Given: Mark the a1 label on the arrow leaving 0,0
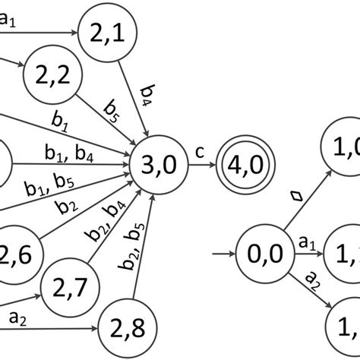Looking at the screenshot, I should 306,244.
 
